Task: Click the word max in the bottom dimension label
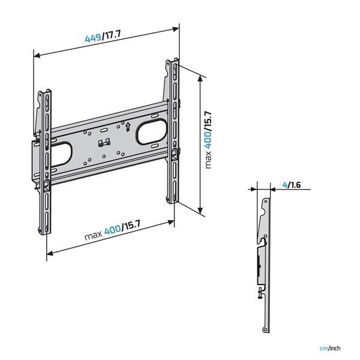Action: coord(93,235)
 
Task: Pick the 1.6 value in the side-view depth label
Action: coord(294,185)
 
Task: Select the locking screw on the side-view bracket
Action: coord(258,293)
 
